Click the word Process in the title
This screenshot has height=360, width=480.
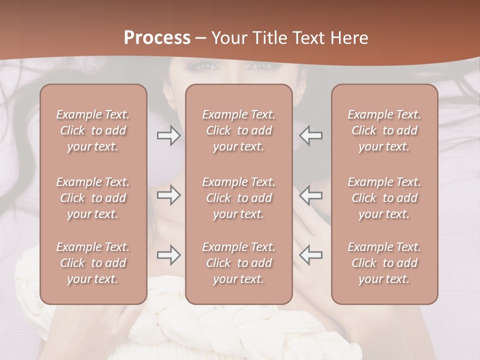pos(157,38)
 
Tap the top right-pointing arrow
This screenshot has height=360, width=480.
pos(169,135)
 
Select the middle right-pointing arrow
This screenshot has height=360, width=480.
pos(169,195)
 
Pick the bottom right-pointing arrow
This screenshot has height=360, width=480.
pos(169,255)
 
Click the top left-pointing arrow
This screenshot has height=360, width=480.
pos(310,135)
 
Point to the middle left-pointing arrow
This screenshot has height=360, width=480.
pos(310,195)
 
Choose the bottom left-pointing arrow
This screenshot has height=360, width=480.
pos(310,255)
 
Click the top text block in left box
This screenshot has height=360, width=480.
pos(93,130)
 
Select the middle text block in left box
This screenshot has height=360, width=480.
pos(93,198)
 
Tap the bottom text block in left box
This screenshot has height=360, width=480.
pos(93,263)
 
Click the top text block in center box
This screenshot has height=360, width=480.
pos(238,130)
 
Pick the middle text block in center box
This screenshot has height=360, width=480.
pos(238,198)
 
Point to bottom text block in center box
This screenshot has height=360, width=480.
pos(238,263)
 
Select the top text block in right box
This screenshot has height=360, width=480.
pos(384,130)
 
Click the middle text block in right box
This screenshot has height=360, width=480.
pos(384,198)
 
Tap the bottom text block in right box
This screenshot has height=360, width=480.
pos(384,263)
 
